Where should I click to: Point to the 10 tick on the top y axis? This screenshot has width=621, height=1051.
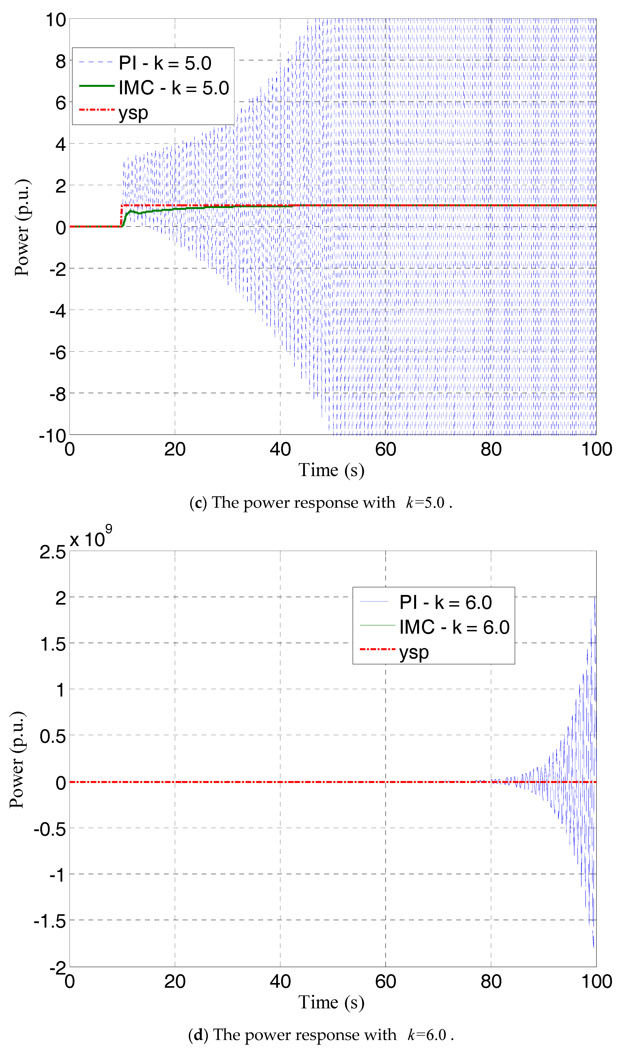56,20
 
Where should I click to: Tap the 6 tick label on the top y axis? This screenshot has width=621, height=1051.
61,103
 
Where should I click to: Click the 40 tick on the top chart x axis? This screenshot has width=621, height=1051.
280,449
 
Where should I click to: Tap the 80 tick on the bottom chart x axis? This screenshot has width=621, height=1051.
491,982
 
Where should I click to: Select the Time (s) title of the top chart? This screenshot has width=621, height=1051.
331,470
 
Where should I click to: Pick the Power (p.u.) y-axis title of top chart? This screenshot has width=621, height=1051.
22,227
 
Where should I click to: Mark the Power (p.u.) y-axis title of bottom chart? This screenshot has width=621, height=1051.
17,759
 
